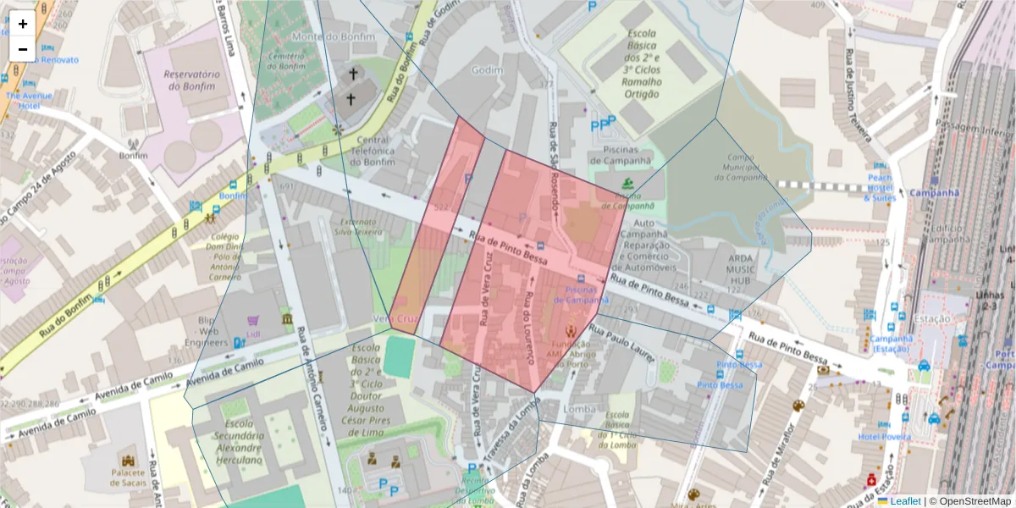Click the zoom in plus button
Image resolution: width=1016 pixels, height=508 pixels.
coord(23,25)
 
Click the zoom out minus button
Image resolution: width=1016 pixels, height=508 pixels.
coord(23,49)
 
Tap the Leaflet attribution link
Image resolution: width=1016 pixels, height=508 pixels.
coord(905,501)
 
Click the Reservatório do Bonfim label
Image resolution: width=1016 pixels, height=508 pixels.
coord(192,80)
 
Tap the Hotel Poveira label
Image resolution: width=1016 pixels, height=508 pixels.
coord(884,437)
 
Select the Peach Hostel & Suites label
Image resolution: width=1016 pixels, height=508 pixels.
coord(880,187)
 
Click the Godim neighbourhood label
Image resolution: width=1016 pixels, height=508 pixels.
coord(487,70)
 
